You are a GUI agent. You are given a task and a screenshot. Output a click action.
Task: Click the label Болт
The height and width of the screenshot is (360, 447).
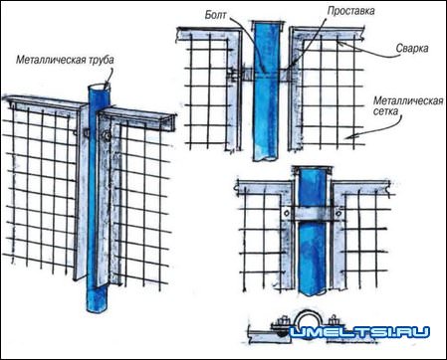(216, 15)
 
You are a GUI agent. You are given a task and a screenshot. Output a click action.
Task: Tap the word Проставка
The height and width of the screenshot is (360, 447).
(351, 11)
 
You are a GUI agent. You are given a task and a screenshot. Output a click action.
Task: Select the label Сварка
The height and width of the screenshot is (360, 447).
(412, 48)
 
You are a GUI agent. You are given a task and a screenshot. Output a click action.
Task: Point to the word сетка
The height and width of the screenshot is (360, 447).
(385, 110)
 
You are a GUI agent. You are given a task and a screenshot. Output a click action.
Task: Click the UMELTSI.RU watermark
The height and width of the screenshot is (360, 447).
(359, 332)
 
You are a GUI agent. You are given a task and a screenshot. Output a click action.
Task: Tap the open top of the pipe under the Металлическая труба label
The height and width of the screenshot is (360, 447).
(99, 88)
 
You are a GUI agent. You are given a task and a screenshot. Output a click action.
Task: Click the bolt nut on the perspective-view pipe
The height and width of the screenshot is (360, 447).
(106, 136)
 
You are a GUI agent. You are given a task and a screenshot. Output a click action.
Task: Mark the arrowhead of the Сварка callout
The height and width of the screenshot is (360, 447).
(340, 43)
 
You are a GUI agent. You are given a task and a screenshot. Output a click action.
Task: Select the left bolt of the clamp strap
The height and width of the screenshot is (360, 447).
(287, 214)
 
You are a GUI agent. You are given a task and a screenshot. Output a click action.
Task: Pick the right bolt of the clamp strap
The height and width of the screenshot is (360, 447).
(337, 213)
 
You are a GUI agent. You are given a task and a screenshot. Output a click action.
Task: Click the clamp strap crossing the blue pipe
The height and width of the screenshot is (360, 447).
(312, 215)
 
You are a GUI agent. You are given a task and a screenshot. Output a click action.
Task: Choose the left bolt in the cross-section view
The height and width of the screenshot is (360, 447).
(282, 322)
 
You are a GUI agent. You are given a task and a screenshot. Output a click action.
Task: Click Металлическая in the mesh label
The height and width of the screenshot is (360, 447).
(408, 100)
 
